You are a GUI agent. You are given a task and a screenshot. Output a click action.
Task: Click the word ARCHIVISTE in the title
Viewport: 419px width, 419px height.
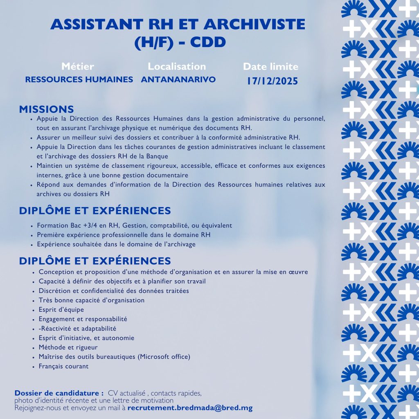252,25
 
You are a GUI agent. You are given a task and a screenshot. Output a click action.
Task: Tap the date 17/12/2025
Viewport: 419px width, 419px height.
272,81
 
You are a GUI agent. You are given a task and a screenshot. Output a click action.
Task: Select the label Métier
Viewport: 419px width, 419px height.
78,66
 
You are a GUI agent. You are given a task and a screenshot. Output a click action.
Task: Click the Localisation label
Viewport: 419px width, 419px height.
177,66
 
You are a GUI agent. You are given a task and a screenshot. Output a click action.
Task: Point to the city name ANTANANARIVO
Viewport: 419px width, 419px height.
178,79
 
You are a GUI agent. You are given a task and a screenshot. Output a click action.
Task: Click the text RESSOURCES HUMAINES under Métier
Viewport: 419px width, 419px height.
79,79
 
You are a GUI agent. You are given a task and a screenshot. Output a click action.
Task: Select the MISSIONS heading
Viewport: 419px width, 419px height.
46,109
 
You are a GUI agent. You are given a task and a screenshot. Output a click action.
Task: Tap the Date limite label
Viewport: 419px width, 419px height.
270,67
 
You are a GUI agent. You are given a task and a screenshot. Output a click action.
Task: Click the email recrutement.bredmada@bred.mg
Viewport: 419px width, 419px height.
190,408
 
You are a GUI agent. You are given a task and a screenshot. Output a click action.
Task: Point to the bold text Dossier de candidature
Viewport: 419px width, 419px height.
59,393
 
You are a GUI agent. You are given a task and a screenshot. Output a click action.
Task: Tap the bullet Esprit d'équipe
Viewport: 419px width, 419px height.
61,310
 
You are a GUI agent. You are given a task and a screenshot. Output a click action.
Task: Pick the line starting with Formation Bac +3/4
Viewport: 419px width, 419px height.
134,225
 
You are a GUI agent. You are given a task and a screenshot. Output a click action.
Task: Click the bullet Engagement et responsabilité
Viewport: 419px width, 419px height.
83,319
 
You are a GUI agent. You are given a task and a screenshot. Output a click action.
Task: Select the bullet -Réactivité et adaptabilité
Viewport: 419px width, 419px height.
77,329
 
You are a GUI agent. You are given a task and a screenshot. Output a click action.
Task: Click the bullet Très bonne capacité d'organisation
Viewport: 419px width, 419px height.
91,300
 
